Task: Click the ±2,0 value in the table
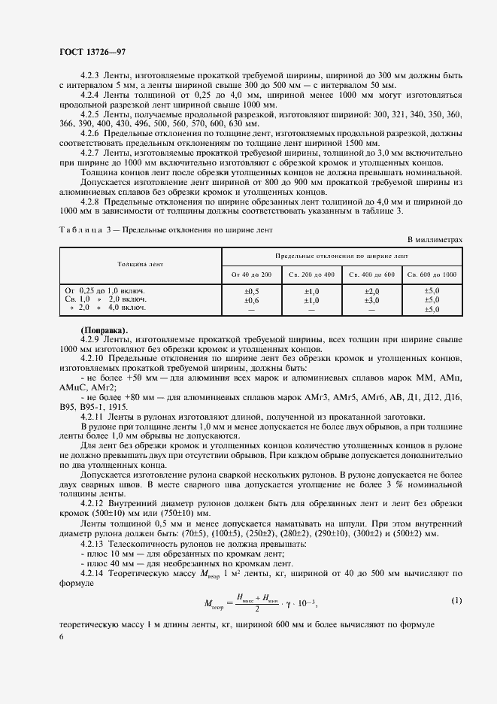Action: (371, 290)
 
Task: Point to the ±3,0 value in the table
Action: (371, 299)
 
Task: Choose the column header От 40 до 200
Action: (251, 275)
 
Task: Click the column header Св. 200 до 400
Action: (311, 275)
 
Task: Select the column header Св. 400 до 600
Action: (371, 275)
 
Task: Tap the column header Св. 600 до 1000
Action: (432, 275)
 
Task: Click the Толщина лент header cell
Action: (140, 265)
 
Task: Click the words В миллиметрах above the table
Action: (435, 239)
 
